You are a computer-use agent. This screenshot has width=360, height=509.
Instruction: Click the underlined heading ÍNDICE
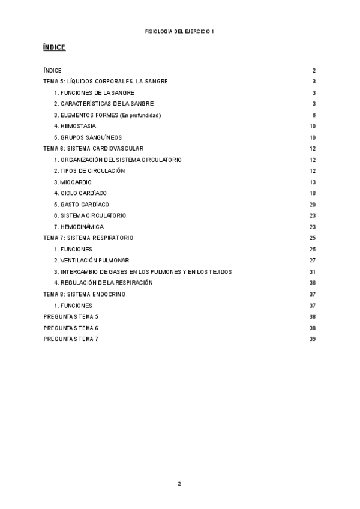click(54, 47)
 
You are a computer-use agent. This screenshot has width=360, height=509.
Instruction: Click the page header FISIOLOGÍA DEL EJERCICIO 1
click(179, 31)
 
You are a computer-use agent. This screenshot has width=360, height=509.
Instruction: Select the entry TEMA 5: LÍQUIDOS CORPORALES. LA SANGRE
click(106, 82)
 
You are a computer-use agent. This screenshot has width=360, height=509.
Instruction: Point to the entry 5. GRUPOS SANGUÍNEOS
click(88, 137)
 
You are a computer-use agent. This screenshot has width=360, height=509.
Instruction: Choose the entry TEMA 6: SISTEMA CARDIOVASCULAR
click(94, 148)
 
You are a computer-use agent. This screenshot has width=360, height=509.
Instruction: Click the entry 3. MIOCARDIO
click(73, 182)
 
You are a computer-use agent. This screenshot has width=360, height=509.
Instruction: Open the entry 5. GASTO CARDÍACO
click(82, 205)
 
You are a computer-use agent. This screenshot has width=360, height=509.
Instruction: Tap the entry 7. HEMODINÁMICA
click(79, 227)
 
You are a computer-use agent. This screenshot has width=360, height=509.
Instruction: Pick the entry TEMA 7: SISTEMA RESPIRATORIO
click(89, 238)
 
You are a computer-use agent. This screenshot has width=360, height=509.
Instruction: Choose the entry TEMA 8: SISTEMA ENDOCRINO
click(85, 294)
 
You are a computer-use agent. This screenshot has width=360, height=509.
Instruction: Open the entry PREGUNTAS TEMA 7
click(71, 339)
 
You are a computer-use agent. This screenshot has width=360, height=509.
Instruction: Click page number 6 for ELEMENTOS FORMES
click(314, 115)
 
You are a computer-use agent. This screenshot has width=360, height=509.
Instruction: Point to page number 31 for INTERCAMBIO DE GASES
click(313, 272)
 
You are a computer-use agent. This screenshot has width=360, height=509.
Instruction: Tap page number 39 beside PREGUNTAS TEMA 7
click(313, 339)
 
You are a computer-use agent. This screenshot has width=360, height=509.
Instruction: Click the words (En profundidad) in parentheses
click(141, 115)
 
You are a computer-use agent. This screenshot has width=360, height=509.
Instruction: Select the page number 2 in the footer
click(179, 484)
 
